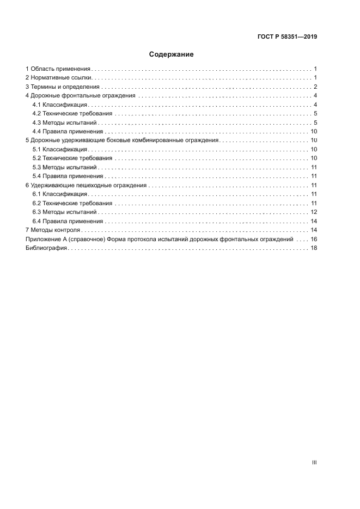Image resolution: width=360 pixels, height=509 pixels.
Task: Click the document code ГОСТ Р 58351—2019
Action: (x=287, y=37)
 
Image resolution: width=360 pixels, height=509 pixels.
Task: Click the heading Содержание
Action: (x=172, y=54)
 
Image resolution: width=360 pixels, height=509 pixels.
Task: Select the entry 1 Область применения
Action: (x=58, y=69)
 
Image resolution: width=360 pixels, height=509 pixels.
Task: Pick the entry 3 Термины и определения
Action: (x=63, y=87)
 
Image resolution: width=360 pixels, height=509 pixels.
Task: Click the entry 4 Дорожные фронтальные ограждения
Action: (x=81, y=96)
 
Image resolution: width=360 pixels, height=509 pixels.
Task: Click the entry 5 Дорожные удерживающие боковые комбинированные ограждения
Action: (x=122, y=140)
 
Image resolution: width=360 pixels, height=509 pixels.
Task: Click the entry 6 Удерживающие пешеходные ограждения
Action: (x=86, y=186)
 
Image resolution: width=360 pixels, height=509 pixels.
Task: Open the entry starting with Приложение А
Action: (x=160, y=240)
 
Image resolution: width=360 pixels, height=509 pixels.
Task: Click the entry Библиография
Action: (x=46, y=248)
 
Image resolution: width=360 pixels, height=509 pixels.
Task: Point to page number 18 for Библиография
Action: (x=314, y=248)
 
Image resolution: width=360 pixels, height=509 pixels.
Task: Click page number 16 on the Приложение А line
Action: (x=314, y=240)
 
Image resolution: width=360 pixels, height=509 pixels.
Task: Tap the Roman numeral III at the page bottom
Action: (x=314, y=462)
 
